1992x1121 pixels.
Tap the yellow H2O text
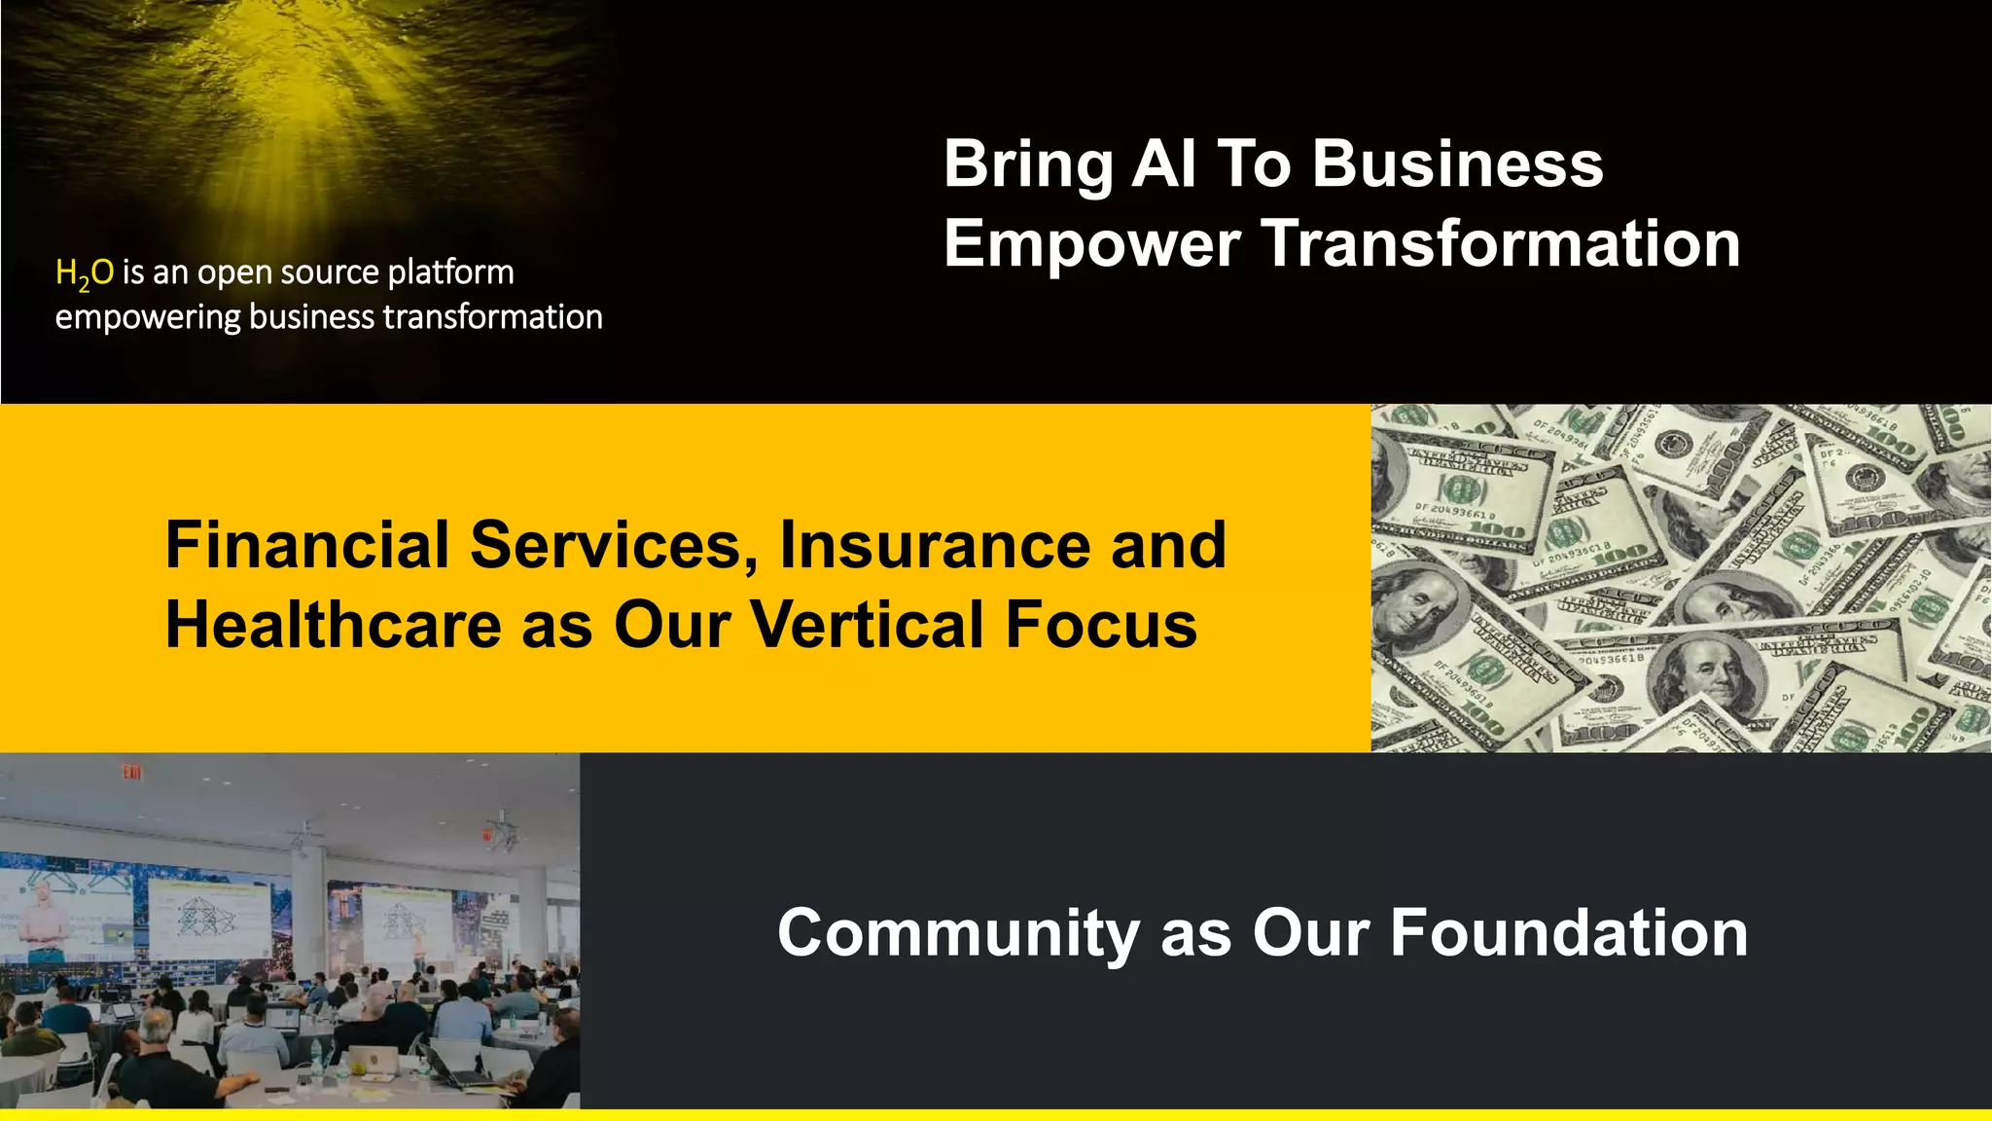pyautogui.click(x=85, y=273)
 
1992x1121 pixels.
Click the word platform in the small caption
pyautogui.click(x=450, y=273)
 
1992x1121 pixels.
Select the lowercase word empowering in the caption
pyautogui.click(x=147, y=318)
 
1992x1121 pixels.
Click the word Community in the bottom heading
pyautogui.click(x=958, y=933)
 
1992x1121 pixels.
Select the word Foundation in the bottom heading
pyautogui.click(x=1568, y=933)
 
